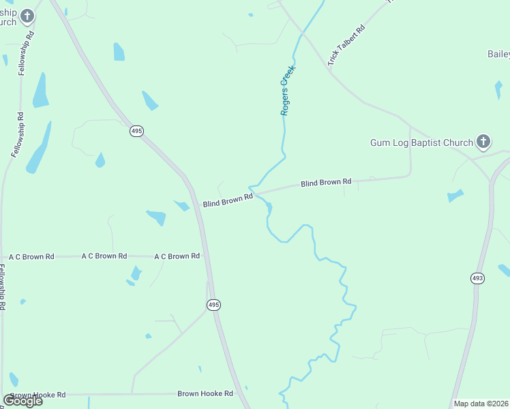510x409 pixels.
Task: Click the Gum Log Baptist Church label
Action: pos(421,142)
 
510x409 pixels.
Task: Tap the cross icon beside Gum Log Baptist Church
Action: pos(483,142)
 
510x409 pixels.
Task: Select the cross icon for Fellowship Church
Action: pos(27,16)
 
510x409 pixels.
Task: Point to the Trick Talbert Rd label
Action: pos(346,46)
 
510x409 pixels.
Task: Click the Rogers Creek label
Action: pos(289,90)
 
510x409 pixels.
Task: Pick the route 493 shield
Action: pos(477,278)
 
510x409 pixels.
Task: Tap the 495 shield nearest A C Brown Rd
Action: pos(213,305)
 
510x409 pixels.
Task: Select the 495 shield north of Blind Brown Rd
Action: pos(137,131)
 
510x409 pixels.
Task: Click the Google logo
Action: pos(22,400)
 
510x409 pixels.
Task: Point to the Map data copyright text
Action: pos(481,404)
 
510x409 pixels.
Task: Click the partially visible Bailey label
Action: pos(498,54)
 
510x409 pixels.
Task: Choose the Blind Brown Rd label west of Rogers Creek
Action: pos(228,200)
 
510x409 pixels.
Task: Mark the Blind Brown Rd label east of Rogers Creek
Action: pos(326,183)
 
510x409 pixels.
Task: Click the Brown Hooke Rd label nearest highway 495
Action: pos(205,393)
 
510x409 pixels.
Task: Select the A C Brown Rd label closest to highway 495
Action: pos(177,256)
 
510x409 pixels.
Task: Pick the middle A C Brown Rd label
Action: pos(104,256)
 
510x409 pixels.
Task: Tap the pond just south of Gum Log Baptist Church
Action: pos(455,196)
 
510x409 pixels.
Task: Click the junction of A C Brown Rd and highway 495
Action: pos(205,256)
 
